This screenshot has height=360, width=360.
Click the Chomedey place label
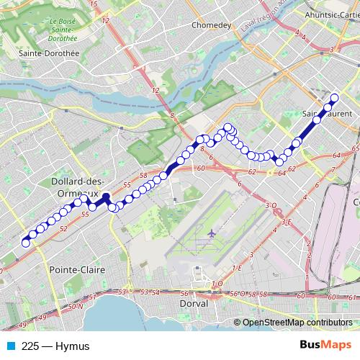[x=210, y=24]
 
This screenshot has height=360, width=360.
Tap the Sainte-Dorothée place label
[x=38, y=53]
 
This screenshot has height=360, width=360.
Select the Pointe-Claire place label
[x=76, y=269]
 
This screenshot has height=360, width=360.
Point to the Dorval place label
[x=193, y=303]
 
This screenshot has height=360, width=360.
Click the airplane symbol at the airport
[x=211, y=235]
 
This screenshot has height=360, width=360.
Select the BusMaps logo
[x=325, y=346]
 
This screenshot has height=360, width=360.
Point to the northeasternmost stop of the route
[x=334, y=98]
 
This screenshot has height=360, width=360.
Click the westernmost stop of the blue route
[x=26, y=243]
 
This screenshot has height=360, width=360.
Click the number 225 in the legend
[x=30, y=346]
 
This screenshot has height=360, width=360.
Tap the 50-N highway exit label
[x=75, y=307]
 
